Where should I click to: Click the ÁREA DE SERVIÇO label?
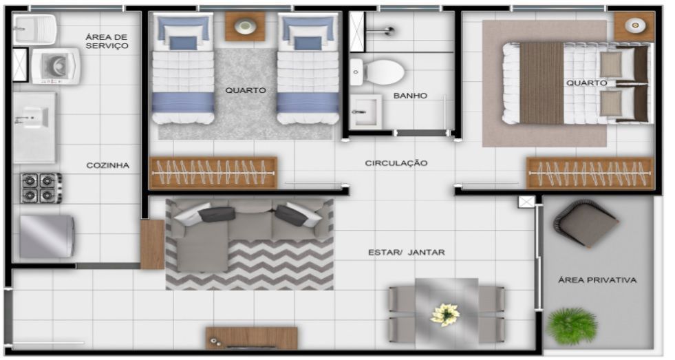107,41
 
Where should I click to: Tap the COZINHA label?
107,165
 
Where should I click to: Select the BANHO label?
410,96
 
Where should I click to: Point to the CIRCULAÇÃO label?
396,163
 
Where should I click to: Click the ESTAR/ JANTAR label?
407,253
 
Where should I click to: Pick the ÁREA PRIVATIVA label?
597,280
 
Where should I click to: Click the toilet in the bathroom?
377,72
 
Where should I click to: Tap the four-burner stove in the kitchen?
41,188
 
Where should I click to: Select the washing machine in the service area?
56,66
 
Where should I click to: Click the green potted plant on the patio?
572,326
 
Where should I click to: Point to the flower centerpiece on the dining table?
445,315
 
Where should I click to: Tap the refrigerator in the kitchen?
47,236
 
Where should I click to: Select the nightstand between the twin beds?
245,26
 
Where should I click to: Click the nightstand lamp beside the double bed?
635,25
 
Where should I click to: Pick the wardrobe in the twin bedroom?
213,173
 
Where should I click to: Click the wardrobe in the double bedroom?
590,173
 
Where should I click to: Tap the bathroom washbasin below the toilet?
365,112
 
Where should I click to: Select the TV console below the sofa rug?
251,338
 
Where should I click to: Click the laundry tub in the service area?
34,30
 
